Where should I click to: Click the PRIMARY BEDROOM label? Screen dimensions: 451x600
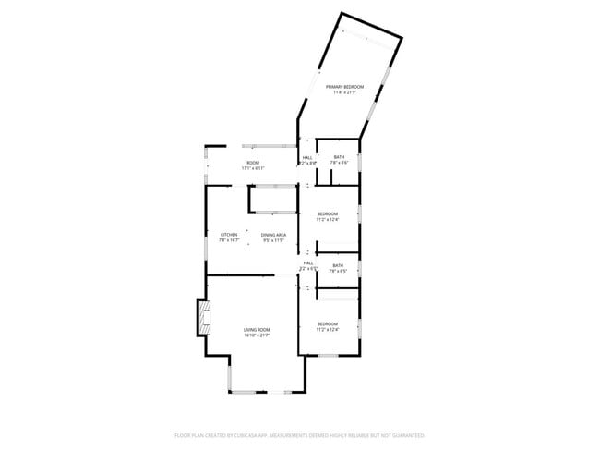coord(345,86)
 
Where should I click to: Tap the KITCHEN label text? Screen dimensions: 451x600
coord(229,235)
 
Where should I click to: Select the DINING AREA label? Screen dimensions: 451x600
coord(273,235)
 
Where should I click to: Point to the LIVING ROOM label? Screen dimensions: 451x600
coord(257,330)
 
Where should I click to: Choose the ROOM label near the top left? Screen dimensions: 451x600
coord(252,164)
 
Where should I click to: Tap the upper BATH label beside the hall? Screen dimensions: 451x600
coord(340,157)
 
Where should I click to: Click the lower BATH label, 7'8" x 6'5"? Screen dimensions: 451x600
coord(339,266)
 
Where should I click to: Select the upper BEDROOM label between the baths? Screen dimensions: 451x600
coord(328,214)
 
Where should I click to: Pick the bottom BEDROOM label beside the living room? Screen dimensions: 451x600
coord(328,323)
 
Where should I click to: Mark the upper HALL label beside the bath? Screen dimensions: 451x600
coord(307,158)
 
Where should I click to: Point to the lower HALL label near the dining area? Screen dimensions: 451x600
coord(308,263)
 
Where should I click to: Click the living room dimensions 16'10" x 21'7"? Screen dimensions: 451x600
coord(257,335)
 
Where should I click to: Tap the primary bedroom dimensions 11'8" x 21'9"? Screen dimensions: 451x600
coord(345,91)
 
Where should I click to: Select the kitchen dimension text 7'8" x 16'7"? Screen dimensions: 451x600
coord(229,240)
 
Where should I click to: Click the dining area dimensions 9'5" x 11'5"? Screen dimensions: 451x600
coord(273,240)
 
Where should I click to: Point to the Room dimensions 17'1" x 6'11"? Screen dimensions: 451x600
coord(252,169)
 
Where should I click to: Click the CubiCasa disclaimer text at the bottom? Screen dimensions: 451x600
coord(299,434)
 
